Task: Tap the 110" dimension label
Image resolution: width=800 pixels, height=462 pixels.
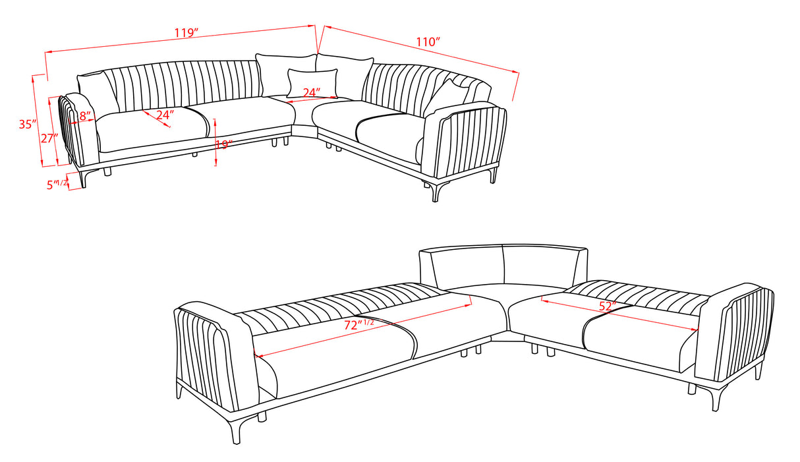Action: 428,42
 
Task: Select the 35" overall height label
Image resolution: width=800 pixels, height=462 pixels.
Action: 26,124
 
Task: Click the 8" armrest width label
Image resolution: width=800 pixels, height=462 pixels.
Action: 84,116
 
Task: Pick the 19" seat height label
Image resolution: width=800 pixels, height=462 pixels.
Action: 223,144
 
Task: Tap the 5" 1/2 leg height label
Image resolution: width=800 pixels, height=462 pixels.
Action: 57,185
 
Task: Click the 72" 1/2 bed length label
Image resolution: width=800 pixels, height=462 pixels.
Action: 360,325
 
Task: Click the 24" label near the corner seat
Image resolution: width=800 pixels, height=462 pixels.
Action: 312,92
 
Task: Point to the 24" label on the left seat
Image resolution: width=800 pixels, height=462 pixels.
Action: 165,115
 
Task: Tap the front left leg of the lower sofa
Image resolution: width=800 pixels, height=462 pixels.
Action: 236,427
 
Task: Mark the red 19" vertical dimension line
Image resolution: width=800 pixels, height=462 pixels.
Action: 216,141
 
